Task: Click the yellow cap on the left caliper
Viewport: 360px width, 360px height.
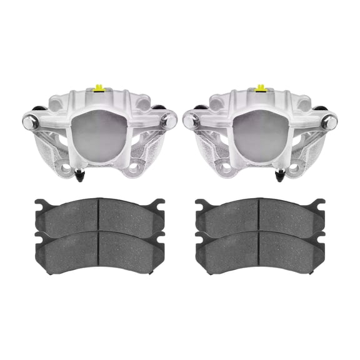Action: [x=98, y=87]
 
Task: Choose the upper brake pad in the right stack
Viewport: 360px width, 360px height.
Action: [x=260, y=216]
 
